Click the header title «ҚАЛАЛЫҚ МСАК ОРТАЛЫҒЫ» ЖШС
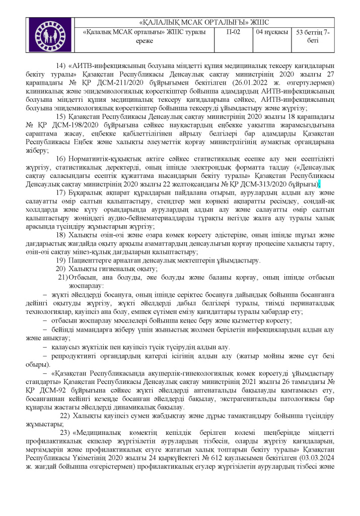click(204, 22)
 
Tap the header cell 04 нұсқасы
click(272, 32)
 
